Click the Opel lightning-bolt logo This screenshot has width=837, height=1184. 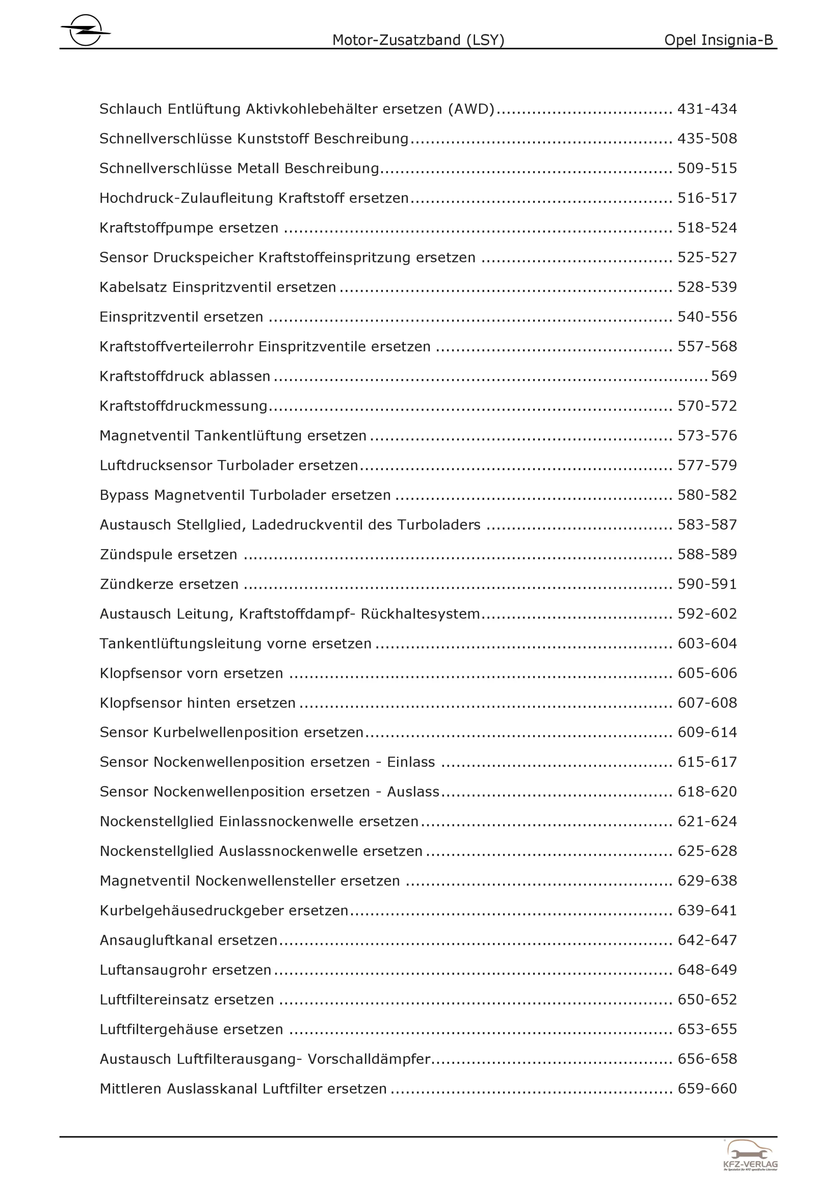[x=85, y=30]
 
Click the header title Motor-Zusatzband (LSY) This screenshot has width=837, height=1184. [x=418, y=40]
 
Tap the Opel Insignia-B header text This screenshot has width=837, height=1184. [x=719, y=40]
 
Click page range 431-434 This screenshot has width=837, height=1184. [x=707, y=109]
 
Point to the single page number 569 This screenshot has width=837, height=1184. [x=724, y=376]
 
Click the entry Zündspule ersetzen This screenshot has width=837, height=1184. [x=169, y=554]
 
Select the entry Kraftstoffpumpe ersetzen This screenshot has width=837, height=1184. [x=189, y=228]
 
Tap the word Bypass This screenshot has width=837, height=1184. [x=124, y=495]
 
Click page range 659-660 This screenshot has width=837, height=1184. [x=707, y=1089]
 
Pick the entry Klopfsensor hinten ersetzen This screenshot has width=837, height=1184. [x=198, y=703]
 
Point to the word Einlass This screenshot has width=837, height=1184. [x=411, y=762]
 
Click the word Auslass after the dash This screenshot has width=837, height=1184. [x=413, y=792]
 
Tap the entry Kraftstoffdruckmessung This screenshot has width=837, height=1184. [x=184, y=406]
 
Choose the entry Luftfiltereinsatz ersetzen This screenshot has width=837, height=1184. [x=187, y=999]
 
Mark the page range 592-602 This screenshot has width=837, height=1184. [x=707, y=614]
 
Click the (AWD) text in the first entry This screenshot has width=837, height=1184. [x=471, y=109]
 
